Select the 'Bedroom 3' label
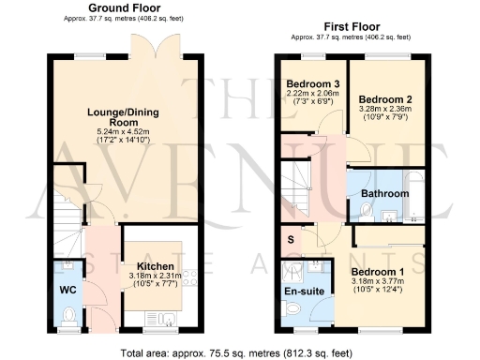click(x=313, y=85)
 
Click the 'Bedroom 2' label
click(x=385, y=98)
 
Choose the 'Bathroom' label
click(x=386, y=193)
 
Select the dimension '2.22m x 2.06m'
click(x=313, y=96)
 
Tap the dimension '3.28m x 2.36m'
click(x=385, y=109)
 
